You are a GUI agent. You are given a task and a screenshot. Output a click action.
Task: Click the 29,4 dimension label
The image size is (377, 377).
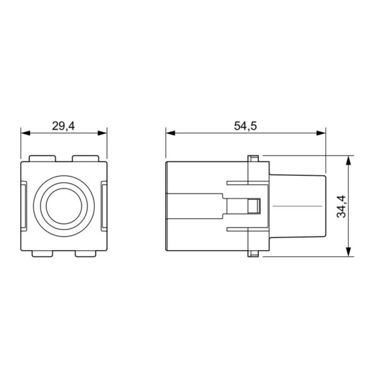click(x=63, y=126)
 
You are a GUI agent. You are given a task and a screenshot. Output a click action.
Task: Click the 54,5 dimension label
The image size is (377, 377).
click(x=246, y=126)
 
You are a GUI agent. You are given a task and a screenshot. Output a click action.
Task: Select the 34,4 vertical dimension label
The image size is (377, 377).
click(x=341, y=207)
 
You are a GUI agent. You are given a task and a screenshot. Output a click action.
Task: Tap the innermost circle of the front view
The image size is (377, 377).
click(x=64, y=206)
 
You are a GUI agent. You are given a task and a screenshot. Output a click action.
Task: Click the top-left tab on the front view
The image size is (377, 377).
click(x=42, y=158)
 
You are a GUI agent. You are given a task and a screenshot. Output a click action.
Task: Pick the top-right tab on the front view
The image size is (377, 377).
click(x=85, y=158)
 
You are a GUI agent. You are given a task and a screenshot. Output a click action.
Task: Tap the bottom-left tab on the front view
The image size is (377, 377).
click(x=42, y=254)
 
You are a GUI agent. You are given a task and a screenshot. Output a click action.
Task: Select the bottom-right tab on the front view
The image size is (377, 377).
click(x=85, y=254)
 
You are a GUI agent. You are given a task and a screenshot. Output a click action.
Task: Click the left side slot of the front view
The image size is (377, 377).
click(x=24, y=206)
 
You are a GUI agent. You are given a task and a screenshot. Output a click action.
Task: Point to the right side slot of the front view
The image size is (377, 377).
click(x=104, y=206)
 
